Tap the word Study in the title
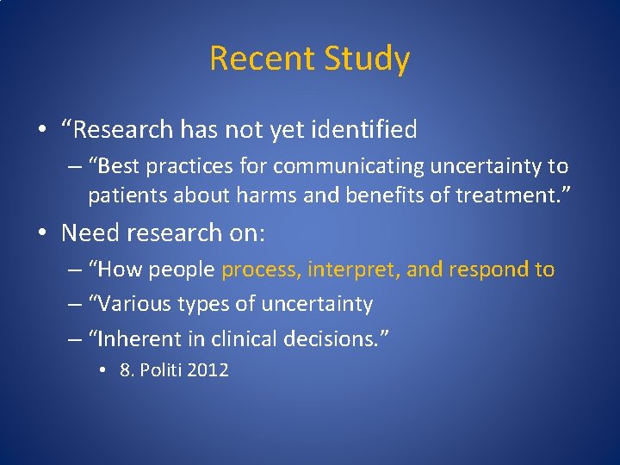(368, 59)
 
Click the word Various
(136, 304)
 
